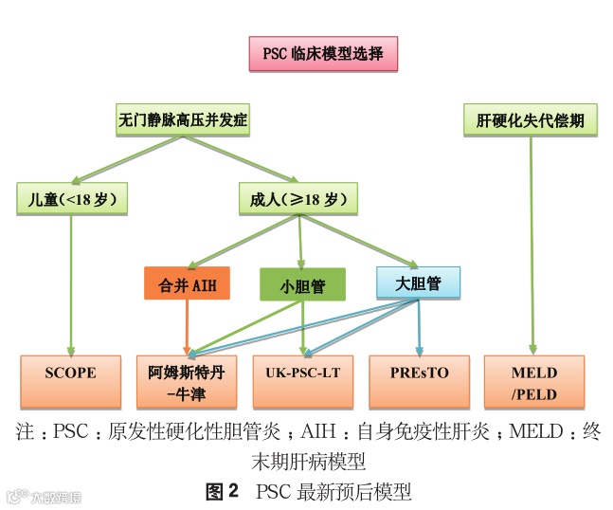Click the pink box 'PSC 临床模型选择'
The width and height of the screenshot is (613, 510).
click(x=322, y=53)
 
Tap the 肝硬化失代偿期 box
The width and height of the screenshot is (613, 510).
click(x=531, y=121)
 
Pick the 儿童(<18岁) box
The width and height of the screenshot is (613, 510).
click(x=72, y=199)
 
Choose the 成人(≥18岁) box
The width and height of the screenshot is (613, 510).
click(x=297, y=199)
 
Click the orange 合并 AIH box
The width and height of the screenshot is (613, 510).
click(x=187, y=283)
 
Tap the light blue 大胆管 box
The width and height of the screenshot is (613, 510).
click(x=418, y=282)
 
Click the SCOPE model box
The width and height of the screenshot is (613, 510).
click(x=71, y=374)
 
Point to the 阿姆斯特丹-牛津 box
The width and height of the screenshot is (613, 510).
click(x=187, y=381)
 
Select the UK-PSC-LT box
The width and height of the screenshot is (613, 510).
click(x=302, y=374)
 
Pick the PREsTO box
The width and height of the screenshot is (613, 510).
click(x=420, y=374)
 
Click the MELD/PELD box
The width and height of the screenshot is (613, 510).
click(x=534, y=381)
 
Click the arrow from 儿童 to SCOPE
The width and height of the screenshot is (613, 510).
click(x=71, y=284)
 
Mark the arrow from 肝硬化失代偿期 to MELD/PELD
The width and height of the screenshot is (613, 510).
click(x=532, y=246)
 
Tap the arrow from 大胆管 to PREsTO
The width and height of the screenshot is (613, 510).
click(x=419, y=327)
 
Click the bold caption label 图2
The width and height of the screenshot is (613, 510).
click(x=222, y=491)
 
